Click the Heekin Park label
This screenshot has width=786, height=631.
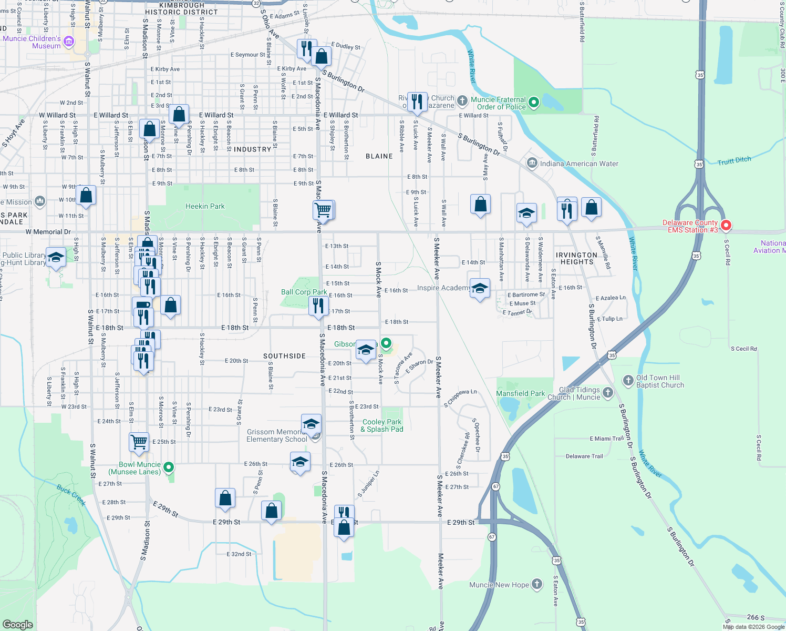pyautogui.click(x=205, y=206)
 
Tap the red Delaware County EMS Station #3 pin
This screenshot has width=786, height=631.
pyautogui.click(x=726, y=226)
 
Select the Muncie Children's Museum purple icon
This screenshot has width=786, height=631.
pyautogui.click(x=69, y=42)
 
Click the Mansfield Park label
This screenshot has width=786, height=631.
pyautogui.click(x=521, y=393)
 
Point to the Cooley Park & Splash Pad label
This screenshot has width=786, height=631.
pyautogui.click(x=382, y=425)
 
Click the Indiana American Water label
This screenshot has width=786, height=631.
pyautogui.click(x=579, y=164)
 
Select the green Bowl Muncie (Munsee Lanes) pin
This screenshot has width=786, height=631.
pyautogui.click(x=169, y=467)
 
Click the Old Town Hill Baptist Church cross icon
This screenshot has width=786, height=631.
pyautogui.click(x=628, y=380)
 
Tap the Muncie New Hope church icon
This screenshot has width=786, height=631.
pyautogui.click(x=536, y=584)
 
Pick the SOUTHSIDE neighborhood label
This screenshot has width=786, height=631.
pyautogui.click(x=284, y=356)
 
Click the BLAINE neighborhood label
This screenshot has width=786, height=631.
pyautogui.click(x=379, y=156)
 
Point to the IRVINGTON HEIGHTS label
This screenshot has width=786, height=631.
pyautogui.click(x=576, y=258)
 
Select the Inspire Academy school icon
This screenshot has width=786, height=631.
pyautogui.click(x=479, y=289)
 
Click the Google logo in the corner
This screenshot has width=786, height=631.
pyautogui.click(x=17, y=624)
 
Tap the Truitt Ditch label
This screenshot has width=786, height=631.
pyautogui.click(x=735, y=160)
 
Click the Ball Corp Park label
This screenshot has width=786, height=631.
pyautogui.click(x=304, y=292)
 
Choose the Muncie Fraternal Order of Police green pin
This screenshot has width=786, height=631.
pyautogui.click(x=534, y=103)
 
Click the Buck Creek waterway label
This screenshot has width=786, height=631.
pyautogui.click(x=71, y=495)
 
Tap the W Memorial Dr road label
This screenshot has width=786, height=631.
pyautogui.click(x=48, y=232)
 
